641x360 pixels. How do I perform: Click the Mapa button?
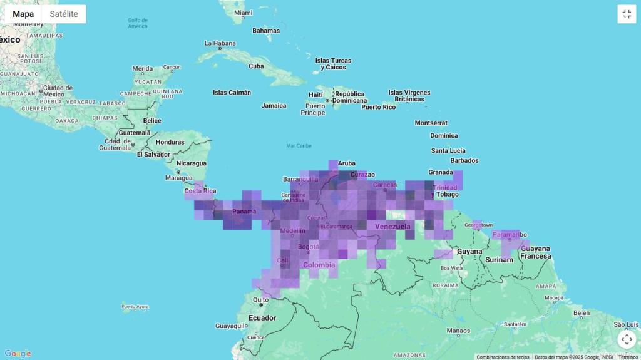click(23, 14)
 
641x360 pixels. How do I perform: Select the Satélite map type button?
click(64, 14)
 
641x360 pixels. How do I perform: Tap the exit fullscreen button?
click(627, 14)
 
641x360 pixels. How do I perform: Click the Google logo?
click(18, 354)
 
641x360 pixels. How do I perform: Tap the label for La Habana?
click(220, 43)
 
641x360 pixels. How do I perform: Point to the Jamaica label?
click(274, 105)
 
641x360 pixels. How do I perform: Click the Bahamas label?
click(266, 30)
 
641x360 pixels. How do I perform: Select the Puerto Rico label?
click(379, 107)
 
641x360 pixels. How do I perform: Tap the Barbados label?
click(463, 160)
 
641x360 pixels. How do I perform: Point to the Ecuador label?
click(262, 317)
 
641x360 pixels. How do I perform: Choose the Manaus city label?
click(458, 331)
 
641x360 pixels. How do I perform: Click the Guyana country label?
click(470, 251)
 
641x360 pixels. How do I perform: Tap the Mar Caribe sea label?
click(299, 146)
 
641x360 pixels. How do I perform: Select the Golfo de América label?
click(138, 23)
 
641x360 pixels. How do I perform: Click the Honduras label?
click(170, 142)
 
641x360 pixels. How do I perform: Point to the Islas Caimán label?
click(232, 93)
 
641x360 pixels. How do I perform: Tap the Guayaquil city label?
click(232, 326)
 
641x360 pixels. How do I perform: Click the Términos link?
click(628, 357)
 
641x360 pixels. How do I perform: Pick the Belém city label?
click(582, 312)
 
